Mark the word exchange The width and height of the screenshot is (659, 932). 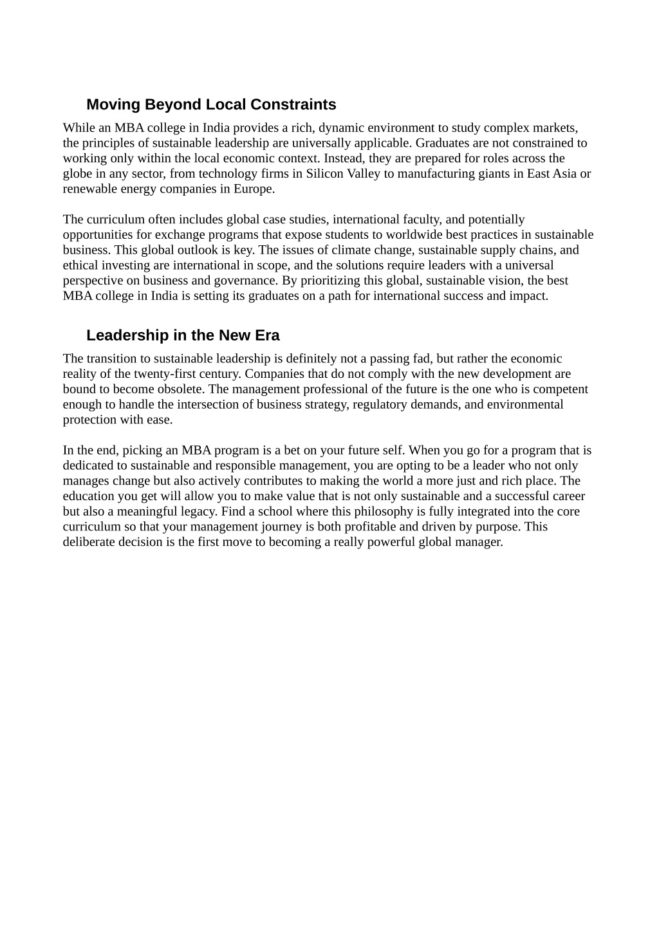pos(173,235)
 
